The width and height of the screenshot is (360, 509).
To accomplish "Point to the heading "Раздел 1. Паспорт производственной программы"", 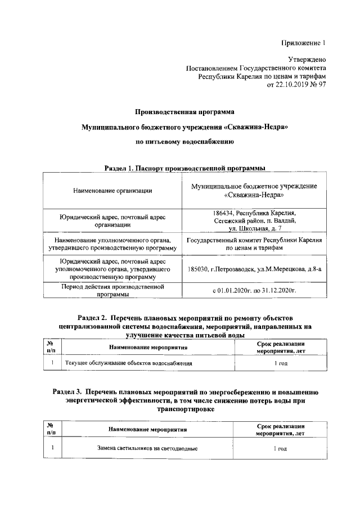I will click(184, 168).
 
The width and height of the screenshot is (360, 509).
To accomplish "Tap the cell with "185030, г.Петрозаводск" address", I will click(255, 269).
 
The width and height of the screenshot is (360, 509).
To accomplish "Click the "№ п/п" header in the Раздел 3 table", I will click(51, 429).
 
